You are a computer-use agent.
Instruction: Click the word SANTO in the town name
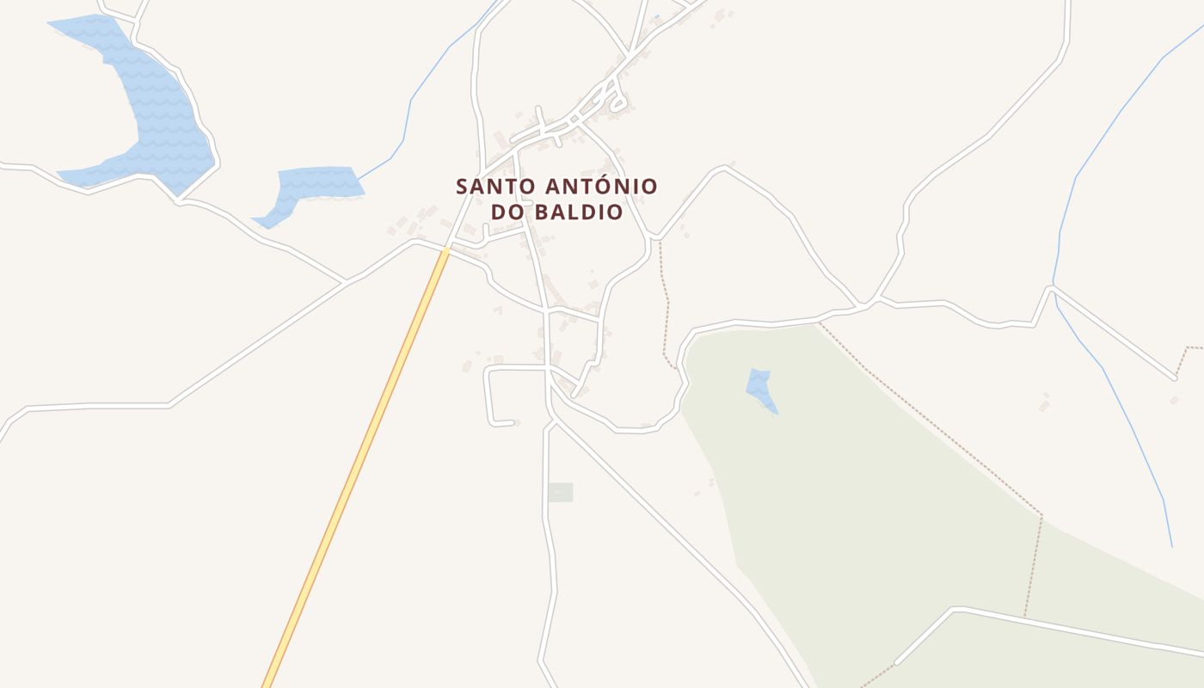(x=486, y=187)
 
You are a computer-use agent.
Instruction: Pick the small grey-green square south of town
(x=560, y=493)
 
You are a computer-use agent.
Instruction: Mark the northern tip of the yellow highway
(x=446, y=250)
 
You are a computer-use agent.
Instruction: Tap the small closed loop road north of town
(x=617, y=105)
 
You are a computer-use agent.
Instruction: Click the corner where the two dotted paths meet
(x=1041, y=516)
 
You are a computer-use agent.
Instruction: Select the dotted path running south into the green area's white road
(x=1032, y=568)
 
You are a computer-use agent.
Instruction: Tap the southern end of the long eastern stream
(x=1170, y=545)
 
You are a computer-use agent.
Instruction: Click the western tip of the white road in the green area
(x=897, y=662)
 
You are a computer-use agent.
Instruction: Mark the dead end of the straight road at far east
(x=1175, y=378)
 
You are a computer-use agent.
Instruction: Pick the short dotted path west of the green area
(x=665, y=301)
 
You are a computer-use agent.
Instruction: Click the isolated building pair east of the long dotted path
(x=1044, y=402)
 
